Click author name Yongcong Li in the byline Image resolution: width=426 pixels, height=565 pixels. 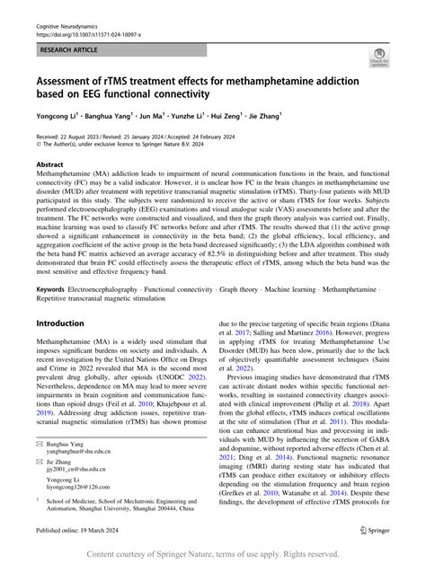click(x=58, y=116)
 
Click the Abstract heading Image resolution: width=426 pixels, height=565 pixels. click(x=49, y=165)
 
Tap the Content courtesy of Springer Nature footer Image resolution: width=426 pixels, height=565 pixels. click(x=213, y=555)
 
